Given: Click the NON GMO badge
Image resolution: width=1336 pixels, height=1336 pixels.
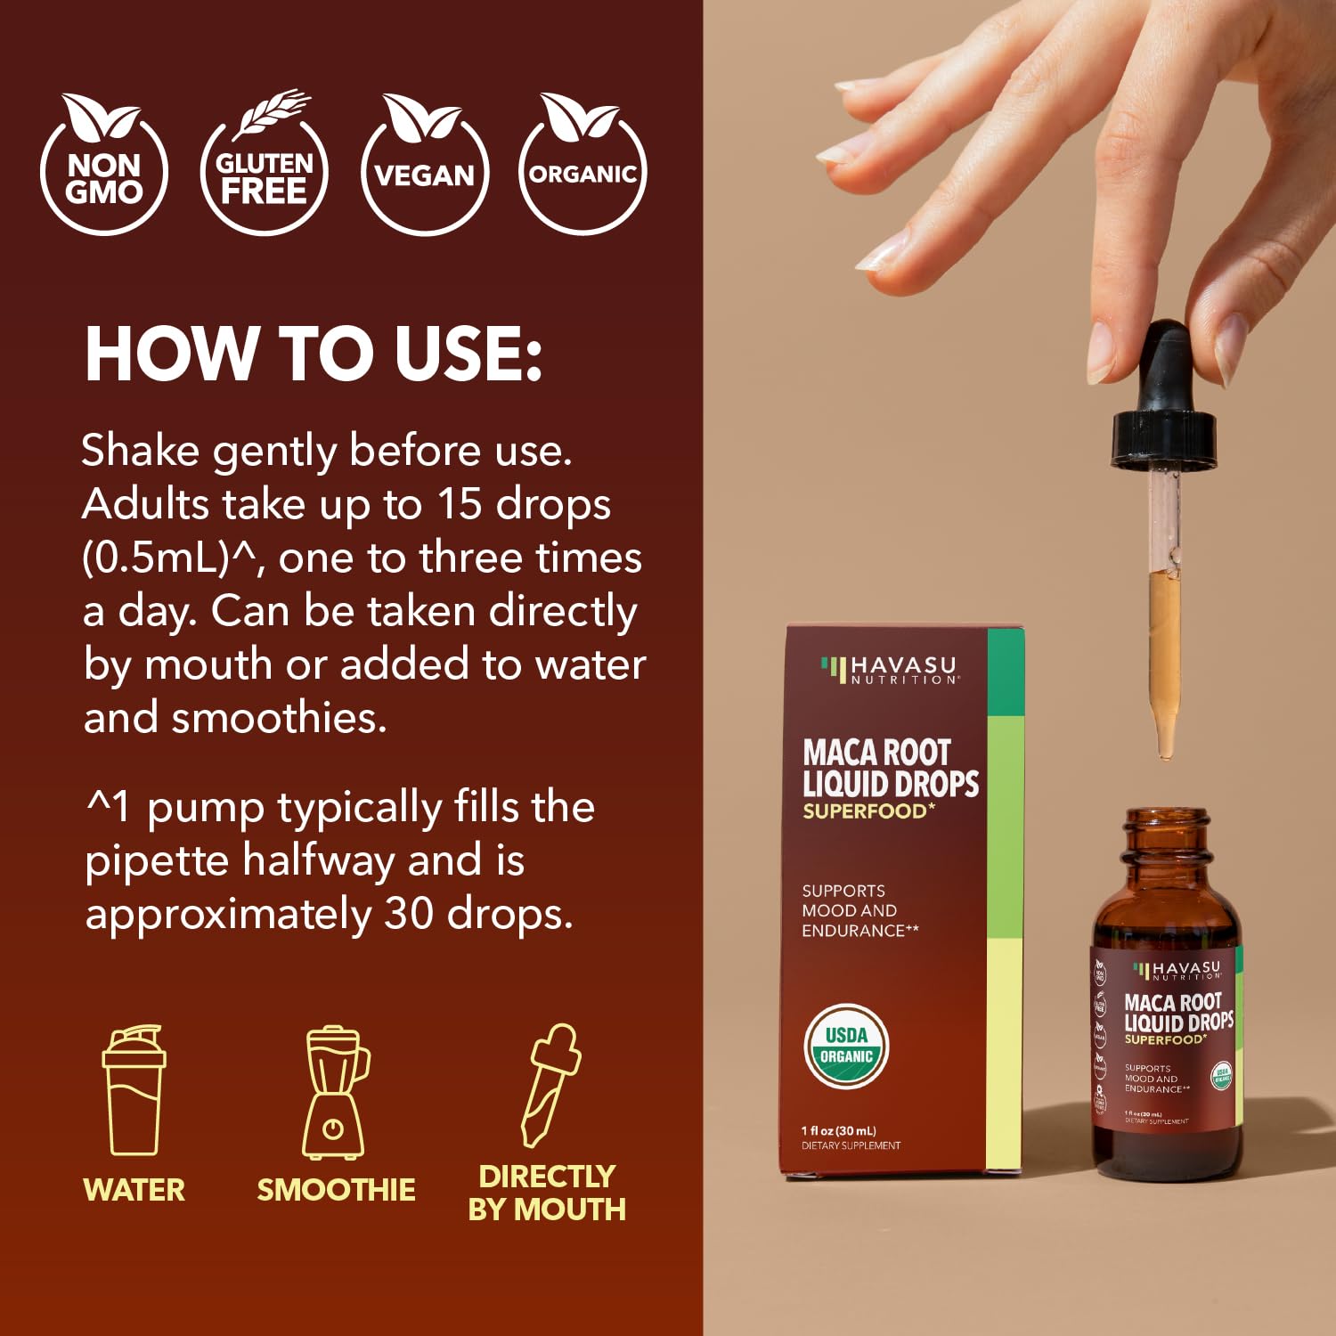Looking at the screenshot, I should coord(104,169).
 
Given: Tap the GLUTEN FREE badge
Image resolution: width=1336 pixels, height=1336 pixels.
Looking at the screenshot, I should coord(265,169).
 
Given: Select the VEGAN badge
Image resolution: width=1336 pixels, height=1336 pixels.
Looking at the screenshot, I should coord(425,169).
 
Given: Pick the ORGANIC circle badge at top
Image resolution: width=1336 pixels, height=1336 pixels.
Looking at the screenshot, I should coord(582,169).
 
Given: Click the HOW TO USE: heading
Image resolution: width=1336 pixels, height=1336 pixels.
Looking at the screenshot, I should coord(314,354).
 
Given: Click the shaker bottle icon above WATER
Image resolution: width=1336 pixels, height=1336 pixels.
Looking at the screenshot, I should coord(134,1091).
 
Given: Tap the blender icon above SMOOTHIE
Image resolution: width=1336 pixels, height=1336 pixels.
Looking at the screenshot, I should coord(335,1093).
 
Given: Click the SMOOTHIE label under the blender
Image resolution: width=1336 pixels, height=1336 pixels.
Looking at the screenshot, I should coord(336,1190).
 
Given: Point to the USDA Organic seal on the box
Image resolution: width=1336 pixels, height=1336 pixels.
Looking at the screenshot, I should coord(846,1047).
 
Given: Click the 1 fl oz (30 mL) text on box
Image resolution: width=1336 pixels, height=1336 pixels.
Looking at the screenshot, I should coord(838,1130).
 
